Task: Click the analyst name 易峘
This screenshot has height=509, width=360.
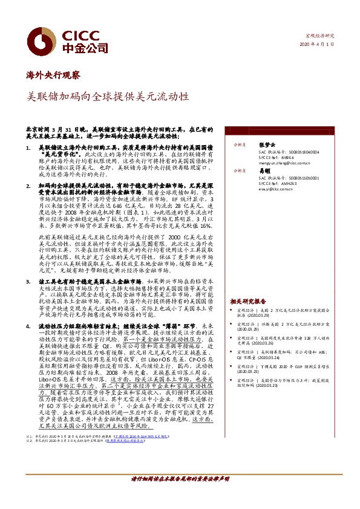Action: (x=264, y=171)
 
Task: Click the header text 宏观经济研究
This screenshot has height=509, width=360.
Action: (x=322, y=36)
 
